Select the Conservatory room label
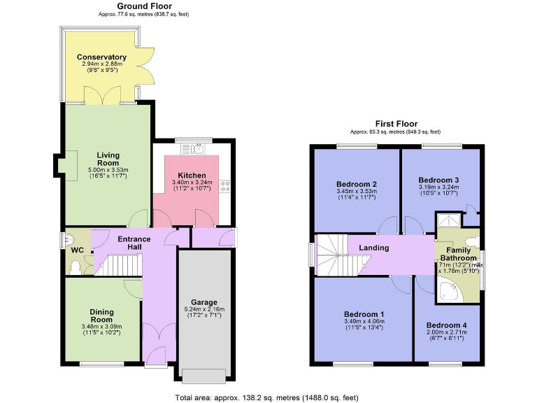[101, 57]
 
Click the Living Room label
[108, 159]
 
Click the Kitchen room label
[192, 175]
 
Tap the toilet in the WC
[85, 263]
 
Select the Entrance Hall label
[134, 243]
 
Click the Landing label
[374, 248]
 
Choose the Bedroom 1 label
[362, 313]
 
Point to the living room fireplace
[59, 164]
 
